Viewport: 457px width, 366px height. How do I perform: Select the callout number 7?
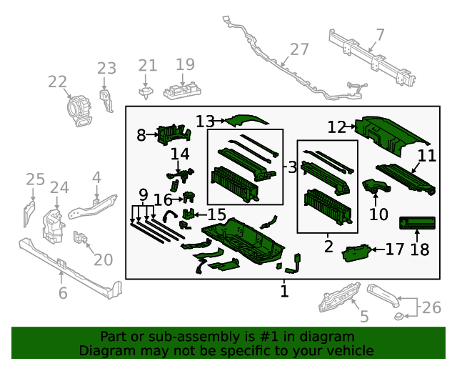380,34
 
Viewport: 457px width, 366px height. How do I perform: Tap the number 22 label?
57,82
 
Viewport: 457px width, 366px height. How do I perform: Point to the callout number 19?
185,65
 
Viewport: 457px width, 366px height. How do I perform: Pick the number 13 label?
205,122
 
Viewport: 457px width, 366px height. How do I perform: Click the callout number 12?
337,127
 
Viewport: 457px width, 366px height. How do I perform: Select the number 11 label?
426,156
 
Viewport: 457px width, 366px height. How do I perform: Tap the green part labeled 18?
416,224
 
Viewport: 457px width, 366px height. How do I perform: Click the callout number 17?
395,249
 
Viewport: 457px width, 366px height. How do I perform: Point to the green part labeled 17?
356,252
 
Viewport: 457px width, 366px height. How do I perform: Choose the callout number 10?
378,214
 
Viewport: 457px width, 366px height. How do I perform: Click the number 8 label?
141,134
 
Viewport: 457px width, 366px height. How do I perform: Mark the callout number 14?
180,154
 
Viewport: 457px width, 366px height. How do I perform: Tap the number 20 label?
104,259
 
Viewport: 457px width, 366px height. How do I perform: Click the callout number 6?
63,293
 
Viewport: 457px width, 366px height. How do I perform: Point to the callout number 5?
364,317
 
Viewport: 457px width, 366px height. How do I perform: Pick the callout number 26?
432,307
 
